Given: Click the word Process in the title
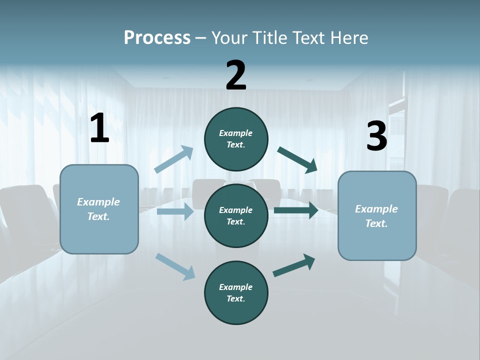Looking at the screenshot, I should (157, 37).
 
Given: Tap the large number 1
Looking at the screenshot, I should (99, 128).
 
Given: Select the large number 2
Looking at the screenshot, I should (236, 75).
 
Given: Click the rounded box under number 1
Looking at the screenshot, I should (99, 209).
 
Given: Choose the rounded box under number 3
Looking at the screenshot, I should (377, 216).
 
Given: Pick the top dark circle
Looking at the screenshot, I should (236, 139).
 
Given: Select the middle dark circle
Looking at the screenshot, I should (236, 215).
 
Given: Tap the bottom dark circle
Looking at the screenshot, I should (236, 292).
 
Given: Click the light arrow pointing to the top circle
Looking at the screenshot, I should (174, 159).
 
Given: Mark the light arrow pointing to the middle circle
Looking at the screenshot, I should (175, 211).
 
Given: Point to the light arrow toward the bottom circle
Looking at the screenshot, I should (175, 266).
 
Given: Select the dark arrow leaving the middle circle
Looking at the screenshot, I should (296, 210).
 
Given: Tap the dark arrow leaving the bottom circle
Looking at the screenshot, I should (294, 265).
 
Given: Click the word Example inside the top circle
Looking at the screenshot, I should (236, 133).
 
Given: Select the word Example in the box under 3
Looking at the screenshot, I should (376, 209).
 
